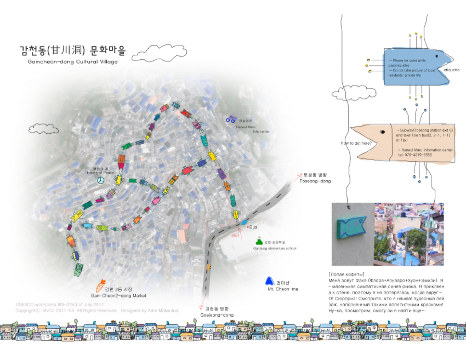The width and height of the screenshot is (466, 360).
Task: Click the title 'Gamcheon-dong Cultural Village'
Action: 73,62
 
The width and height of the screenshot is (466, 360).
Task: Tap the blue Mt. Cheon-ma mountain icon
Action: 269,281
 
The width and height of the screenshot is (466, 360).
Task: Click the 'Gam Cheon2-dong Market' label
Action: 119,296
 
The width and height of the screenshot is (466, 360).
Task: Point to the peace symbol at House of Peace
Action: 100,180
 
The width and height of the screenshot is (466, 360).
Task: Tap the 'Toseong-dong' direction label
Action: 315,181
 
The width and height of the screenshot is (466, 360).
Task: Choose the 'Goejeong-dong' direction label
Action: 217,315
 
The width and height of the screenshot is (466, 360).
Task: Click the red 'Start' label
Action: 235,235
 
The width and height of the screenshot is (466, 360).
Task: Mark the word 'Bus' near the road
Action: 253,227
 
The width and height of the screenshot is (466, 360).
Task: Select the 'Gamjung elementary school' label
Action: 275,249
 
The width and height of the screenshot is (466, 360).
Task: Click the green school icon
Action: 259,241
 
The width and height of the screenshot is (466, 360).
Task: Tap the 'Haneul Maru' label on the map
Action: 245,127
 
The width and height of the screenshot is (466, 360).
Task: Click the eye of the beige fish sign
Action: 383,132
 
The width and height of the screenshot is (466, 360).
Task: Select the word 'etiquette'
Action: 451,70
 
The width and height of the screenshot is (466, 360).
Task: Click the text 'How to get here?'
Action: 356,143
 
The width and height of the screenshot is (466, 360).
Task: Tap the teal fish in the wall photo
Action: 351,228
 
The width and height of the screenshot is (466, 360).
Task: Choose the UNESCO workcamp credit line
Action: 59,305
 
